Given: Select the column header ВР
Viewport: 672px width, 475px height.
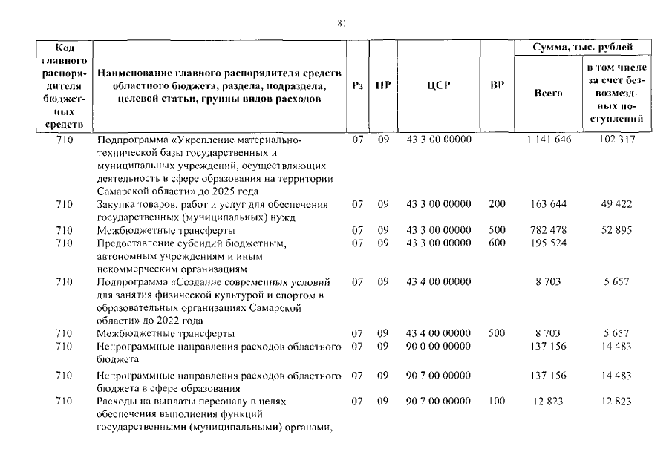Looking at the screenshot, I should click(x=497, y=85).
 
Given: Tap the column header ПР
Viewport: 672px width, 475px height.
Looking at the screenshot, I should click(x=382, y=85).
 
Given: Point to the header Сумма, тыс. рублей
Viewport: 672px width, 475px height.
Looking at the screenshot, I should click(x=583, y=47).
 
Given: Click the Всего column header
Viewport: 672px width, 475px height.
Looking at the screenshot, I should click(x=549, y=94).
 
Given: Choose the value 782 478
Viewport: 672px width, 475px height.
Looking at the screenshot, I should click(x=549, y=230).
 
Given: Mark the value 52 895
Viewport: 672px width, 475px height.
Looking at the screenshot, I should click(x=616, y=230).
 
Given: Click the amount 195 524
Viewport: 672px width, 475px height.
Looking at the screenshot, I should click(x=549, y=243).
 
